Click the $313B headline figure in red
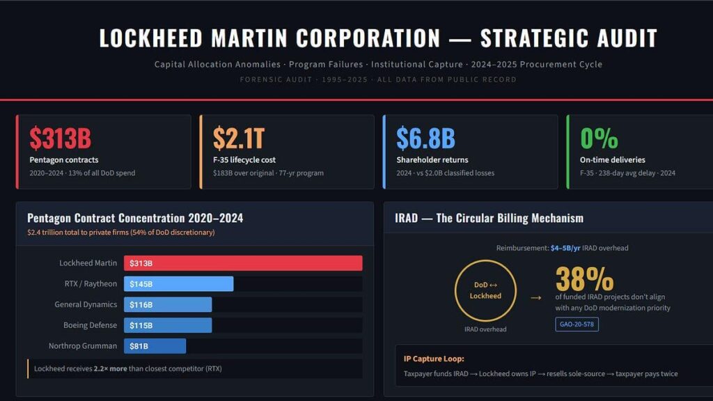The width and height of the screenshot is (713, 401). click(60, 138)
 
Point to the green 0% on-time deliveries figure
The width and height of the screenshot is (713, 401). click(599, 138)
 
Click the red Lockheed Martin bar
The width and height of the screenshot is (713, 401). click(243, 263)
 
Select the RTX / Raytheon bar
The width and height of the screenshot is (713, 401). click(178, 284)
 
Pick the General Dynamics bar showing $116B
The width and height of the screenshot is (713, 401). click(168, 305)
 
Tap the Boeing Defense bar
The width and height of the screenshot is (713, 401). click(168, 325)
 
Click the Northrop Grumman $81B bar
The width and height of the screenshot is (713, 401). click(155, 346)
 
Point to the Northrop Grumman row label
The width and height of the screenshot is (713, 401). click(83, 346)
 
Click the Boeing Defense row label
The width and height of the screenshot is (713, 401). click(85, 325)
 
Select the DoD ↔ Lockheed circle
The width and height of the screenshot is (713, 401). click(485, 290)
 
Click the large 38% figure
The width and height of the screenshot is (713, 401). click(584, 278)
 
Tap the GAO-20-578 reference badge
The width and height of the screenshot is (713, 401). click(577, 324)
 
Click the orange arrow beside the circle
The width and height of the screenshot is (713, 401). click(535, 297)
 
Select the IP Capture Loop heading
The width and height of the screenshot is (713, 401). click(434, 359)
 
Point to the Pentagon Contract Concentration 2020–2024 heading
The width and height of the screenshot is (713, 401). click(135, 218)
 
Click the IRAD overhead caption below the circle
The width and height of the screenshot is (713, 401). click(485, 329)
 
